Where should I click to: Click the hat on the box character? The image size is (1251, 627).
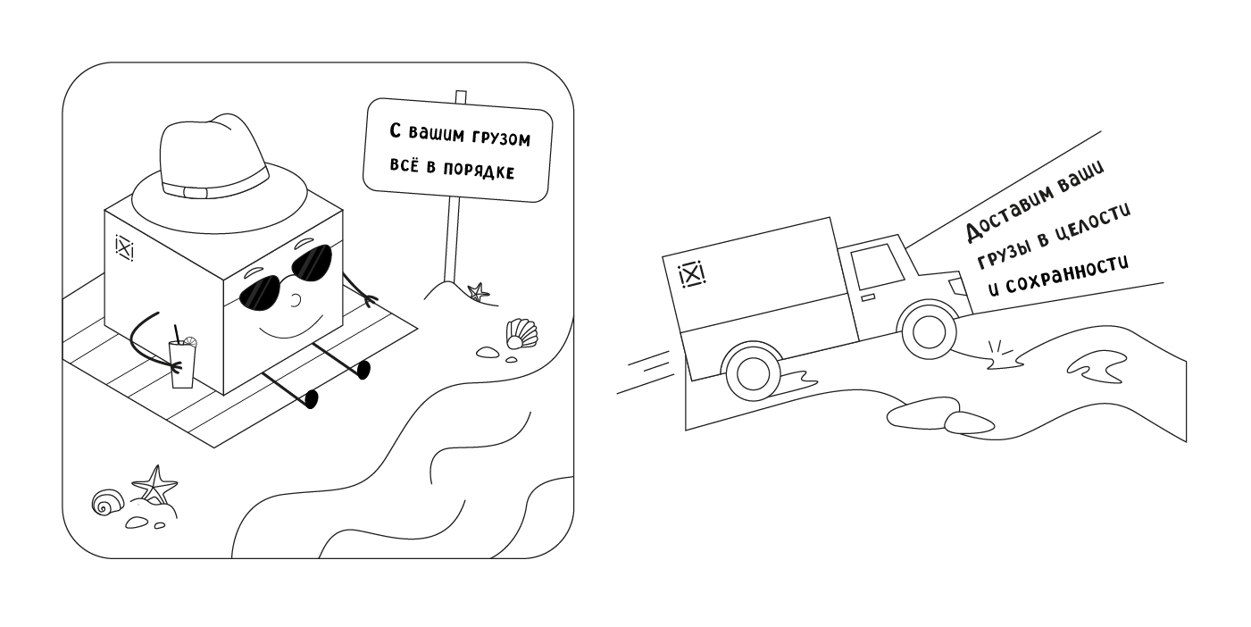click(x=219, y=179)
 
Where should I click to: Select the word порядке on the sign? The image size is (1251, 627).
click(x=478, y=171)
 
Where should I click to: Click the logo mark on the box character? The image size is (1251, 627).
click(x=124, y=247)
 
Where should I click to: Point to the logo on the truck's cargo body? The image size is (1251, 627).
click(x=691, y=274)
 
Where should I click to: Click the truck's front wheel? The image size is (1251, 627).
click(x=929, y=330)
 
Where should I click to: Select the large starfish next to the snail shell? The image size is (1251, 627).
click(x=155, y=485)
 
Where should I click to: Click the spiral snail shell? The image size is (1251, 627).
click(x=108, y=502)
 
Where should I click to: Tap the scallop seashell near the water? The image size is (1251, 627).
click(x=521, y=333)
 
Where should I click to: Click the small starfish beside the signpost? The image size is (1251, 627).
click(x=478, y=292)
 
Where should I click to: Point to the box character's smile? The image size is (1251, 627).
click(x=291, y=329)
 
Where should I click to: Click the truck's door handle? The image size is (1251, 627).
click(x=867, y=297)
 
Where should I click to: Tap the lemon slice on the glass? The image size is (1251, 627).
click(x=190, y=341)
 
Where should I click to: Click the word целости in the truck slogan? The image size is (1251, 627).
click(x=1097, y=225)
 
